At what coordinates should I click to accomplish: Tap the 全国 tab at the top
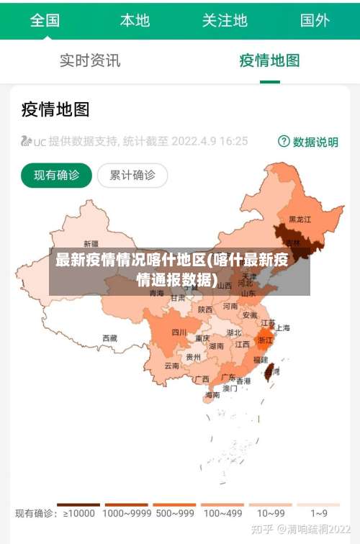[x=45, y=20]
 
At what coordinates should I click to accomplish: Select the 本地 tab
[x=135, y=20]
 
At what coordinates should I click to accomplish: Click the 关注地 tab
[x=225, y=20]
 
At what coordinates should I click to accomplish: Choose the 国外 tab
[x=315, y=20]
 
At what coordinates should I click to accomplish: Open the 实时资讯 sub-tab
[x=90, y=60]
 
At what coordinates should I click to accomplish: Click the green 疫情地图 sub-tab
[x=269, y=60]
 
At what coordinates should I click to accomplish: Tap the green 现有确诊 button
[x=57, y=175]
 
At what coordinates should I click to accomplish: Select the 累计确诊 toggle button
[x=132, y=175]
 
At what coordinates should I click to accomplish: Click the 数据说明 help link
[x=308, y=142]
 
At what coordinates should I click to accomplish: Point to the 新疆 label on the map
[x=91, y=243]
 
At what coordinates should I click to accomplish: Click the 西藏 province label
[x=109, y=337]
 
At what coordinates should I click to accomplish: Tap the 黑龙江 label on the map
[x=300, y=219]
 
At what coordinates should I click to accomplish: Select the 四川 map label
[x=179, y=332]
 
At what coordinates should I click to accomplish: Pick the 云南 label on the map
[x=171, y=366]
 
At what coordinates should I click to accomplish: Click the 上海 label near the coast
[x=283, y=327]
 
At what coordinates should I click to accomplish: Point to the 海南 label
[x=212, y=394]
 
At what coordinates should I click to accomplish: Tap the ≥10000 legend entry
[x=79, y=513]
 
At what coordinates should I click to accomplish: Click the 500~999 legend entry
[x=174, y=513]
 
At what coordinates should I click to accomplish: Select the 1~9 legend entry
[x=319, y=513]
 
